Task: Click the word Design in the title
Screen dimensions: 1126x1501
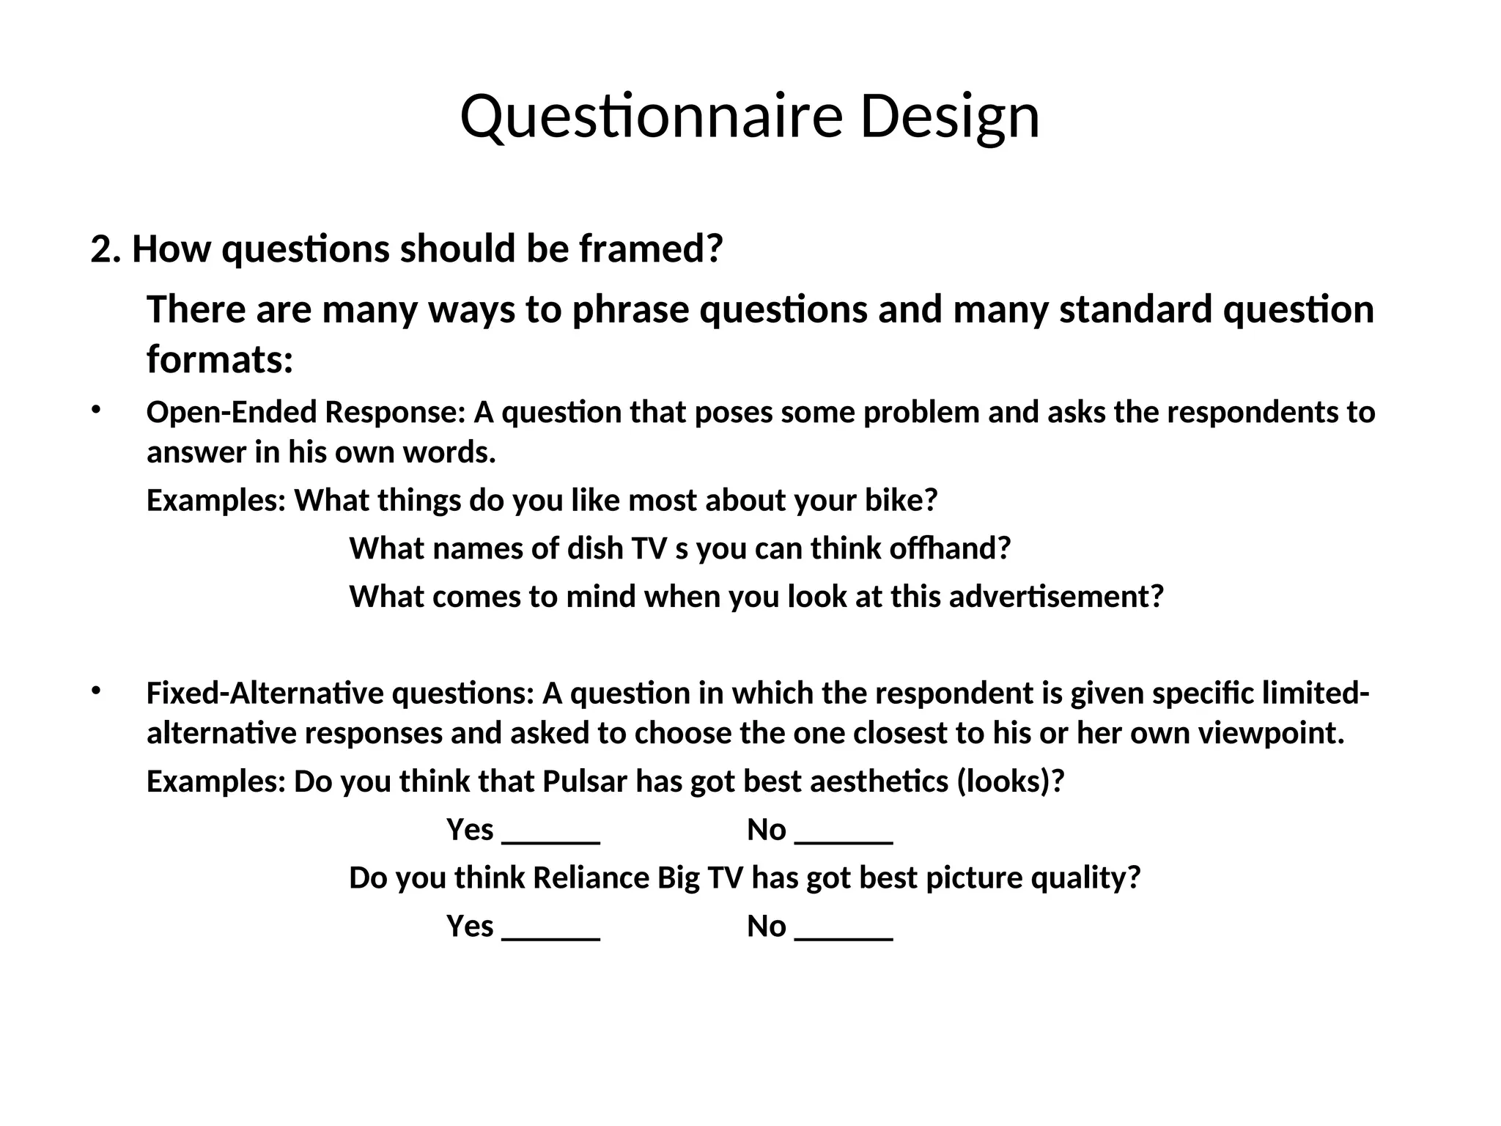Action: point(949,117)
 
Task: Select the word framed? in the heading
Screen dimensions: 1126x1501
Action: point(651,249)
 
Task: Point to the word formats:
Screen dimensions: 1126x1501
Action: point(220,359)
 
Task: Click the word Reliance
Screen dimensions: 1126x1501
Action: point(591,878)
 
